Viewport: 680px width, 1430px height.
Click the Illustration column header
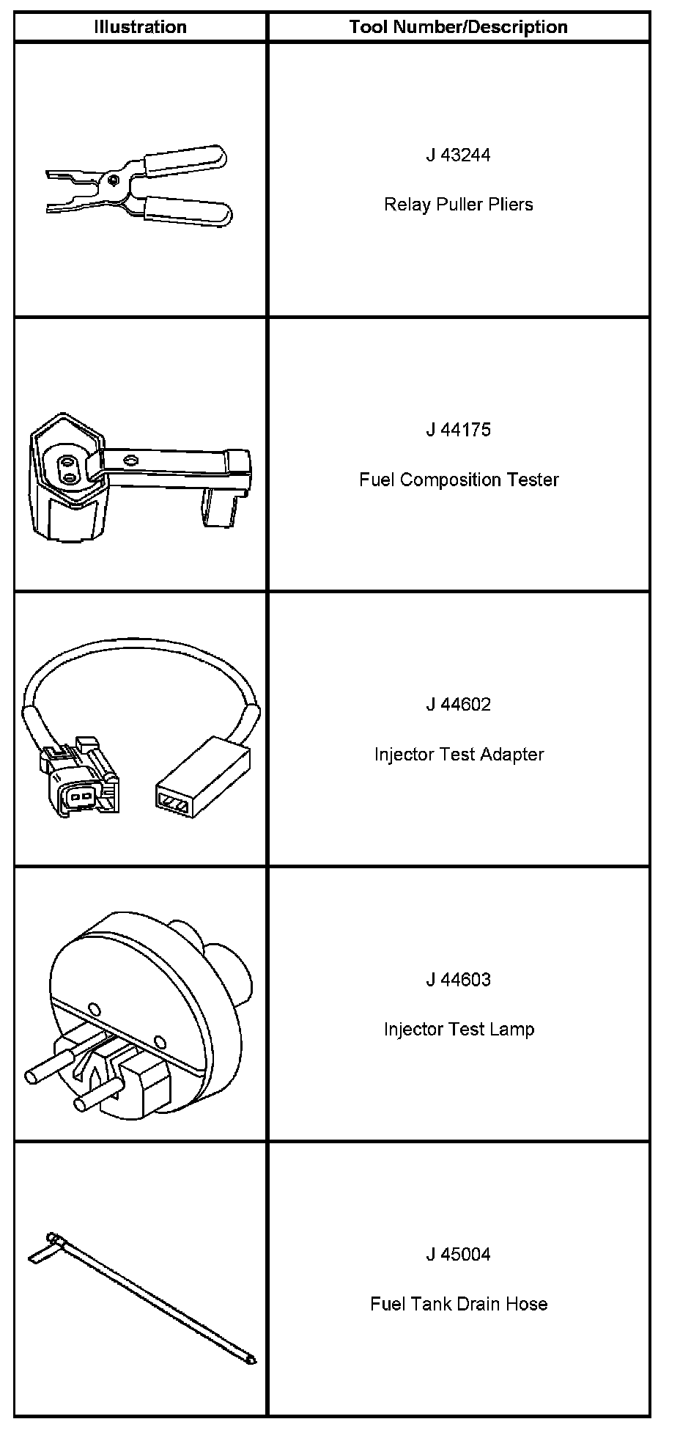[x=140, y=27]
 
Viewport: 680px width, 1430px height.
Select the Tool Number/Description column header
[x=458, y=27]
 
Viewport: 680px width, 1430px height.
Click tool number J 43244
[x=458, y=155]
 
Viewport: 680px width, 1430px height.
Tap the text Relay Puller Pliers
[x=458, y=204]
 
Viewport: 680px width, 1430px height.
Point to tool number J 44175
[x=458, y=430]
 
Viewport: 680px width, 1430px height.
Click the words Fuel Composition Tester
[x=458, y=480]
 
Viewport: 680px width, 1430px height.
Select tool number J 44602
[x=458, y=705]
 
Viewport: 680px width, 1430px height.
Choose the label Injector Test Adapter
[x=458, y=754]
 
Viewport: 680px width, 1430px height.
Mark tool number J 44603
[x=458, y=980]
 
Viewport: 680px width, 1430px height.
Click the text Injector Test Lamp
[x=458, y=1029]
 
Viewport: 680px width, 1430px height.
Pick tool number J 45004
[x=458, y=1255]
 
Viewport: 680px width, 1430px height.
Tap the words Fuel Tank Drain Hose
[x=458, y=1304]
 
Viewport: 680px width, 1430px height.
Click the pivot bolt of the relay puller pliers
[x=113, y=179]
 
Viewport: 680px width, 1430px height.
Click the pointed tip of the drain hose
[x=251, y=1361]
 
